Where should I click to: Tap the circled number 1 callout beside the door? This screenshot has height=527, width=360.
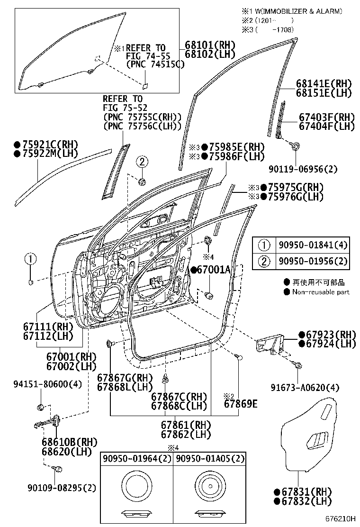tap(30, 259)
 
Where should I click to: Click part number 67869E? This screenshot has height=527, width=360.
tap(240, 404)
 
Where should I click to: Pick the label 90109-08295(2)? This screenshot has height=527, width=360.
tap(60, 487)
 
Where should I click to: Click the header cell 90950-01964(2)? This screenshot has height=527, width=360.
tap(136, 459)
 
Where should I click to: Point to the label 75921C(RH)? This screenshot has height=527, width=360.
tap(45, 145)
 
